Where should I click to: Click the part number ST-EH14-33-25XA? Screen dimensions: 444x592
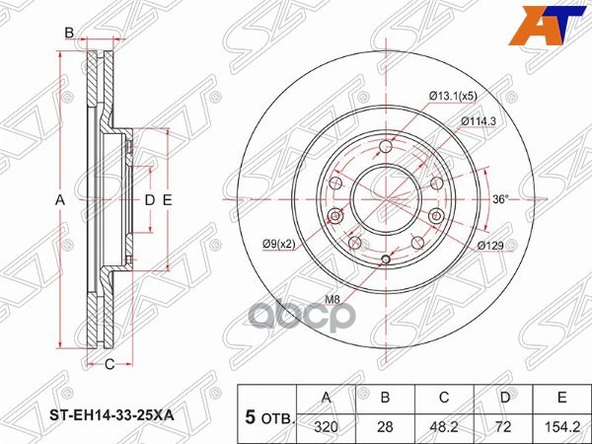coord(111,416)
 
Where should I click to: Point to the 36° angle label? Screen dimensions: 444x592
coord(500,200)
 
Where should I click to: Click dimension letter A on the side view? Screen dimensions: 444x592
coord(59,200)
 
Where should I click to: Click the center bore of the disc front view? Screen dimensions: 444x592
coord(383,201)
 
